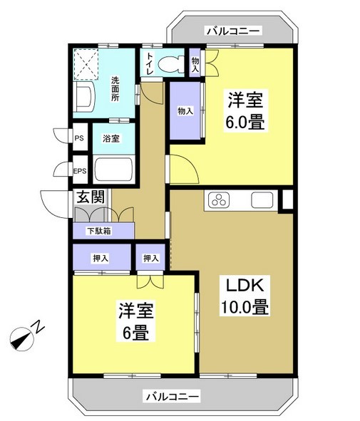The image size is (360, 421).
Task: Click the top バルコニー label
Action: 233,31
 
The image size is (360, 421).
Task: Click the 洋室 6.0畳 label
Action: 247,110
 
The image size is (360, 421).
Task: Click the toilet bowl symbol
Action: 170,65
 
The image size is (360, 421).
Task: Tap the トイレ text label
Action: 150,63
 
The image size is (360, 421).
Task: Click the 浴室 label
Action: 110,138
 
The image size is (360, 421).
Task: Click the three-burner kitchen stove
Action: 219,200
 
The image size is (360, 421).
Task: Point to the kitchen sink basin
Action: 260,200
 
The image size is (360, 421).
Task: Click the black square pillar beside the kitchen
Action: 287,199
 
